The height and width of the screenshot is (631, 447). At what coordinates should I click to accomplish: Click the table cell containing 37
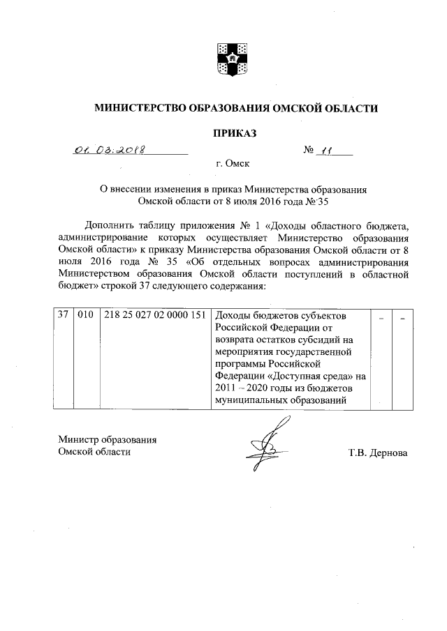62,315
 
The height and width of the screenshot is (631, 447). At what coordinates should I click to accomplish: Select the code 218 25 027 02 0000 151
154,315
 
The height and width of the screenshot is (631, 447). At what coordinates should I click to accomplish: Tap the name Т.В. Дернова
378,453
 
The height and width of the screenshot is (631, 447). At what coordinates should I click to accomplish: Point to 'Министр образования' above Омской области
107,440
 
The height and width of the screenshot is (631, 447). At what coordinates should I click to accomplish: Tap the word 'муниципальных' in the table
249,400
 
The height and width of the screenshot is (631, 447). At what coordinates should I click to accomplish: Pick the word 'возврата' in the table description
235,340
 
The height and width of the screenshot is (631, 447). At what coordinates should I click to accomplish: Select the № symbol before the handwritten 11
309,150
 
